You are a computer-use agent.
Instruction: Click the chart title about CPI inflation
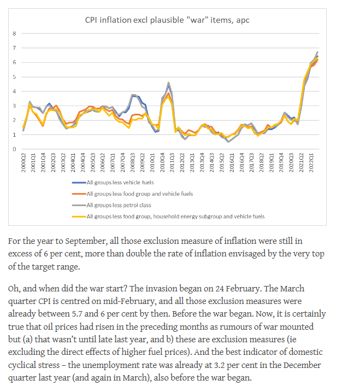(x=175, y=20)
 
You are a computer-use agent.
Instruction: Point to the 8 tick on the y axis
(x=15, y=34)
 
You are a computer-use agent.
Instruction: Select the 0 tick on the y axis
(x=15, y=149)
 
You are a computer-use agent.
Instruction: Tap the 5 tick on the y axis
(x=15, y=77)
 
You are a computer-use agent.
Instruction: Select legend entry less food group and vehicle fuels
(x=139, y=194)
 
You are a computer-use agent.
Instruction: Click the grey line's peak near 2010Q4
(x=169, y=83)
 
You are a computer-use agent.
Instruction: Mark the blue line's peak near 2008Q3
(x=134, y=96)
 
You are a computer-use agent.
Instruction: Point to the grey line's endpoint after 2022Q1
(x=317, y=52)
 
